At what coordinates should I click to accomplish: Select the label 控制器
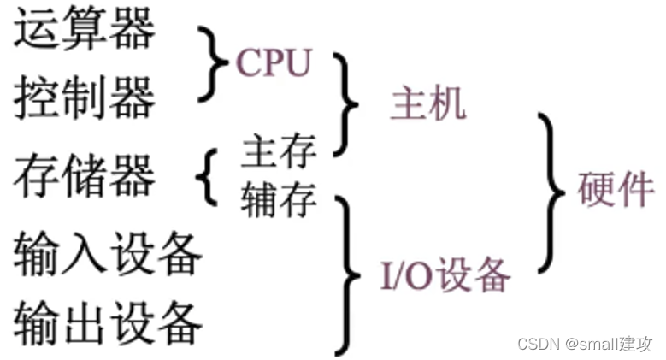click(x=85, y=99)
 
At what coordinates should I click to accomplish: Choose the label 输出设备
click(x=108, y=322)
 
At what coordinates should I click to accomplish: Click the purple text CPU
click(x=273, y=62)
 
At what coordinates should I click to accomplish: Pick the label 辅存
click(x=279, y=201)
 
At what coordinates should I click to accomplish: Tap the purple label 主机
click(x=427, y=103)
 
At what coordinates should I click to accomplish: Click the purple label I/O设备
click(x=445, y=275)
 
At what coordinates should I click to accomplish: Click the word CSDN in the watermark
click(x=537, y=343)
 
